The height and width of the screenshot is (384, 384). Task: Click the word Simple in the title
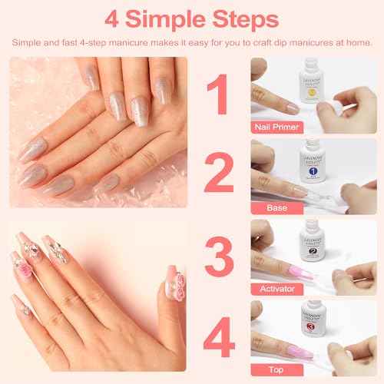(164, 17)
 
